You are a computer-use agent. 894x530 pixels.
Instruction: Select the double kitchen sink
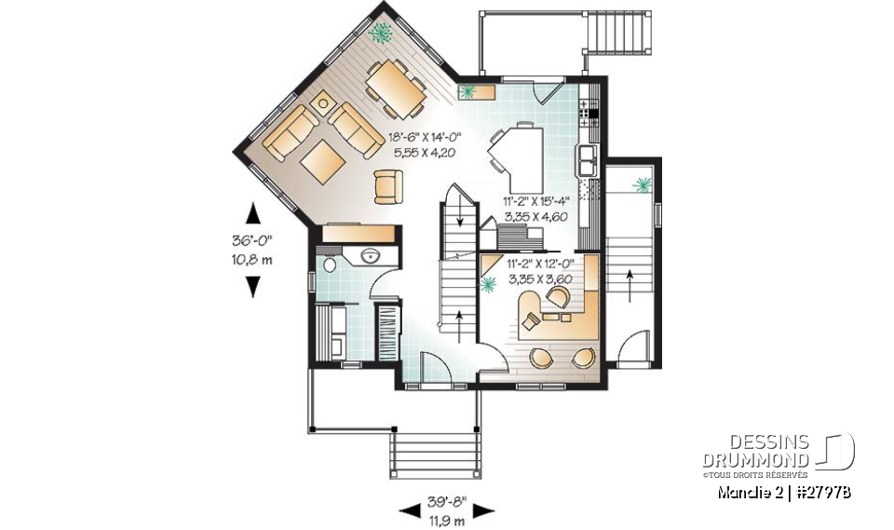click(x=588, y=159)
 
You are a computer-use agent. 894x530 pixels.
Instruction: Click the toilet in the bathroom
click(x=330, y=265)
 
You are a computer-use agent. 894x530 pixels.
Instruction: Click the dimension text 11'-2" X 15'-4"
click(x=535, y=200)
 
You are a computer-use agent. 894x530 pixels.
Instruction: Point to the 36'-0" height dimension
click(x=251, y=240)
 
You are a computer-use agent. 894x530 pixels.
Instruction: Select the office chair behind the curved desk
click(x=559, y=297)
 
